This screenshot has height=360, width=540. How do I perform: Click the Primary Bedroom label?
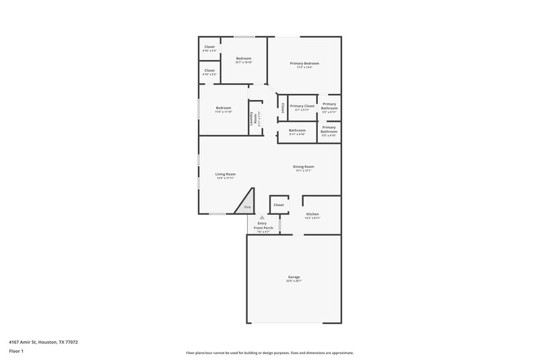(304, 63)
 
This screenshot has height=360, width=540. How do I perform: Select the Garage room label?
(294, 277)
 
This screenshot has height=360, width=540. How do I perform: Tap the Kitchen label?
(313, 214)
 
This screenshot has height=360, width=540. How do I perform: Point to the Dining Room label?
(304, 167)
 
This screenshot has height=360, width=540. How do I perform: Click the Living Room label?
(225, 174)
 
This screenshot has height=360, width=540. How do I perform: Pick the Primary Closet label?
(302, 106)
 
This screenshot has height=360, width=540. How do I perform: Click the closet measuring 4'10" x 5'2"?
(209, 70)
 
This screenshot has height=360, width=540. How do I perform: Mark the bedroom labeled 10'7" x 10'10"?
(244, 59)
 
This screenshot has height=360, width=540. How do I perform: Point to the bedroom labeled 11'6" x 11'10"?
(223, 109)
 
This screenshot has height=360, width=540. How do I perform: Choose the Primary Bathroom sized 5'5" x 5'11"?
(329, 106)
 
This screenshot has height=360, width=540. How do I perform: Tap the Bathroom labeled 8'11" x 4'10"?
(297, 131)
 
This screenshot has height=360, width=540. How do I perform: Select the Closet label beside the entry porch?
(279, 204)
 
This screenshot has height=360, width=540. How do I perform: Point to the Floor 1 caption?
(16, 352)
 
